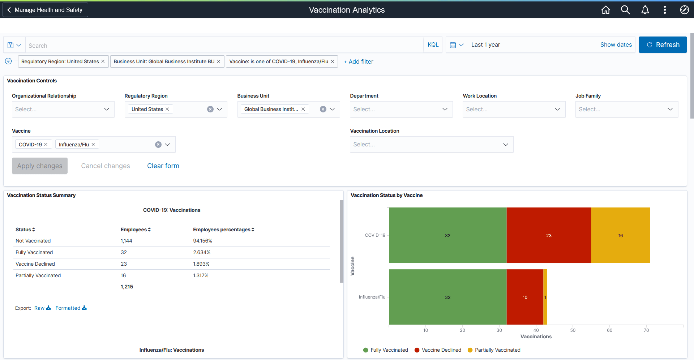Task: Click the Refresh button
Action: click(x=663, y=45)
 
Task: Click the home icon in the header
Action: click(x=606, y=10)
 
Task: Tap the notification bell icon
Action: click(x=645, y=10)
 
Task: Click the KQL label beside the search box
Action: click(x=433, y=45)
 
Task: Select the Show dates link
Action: click(x=616, y=45)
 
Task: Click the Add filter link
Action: click(x=359, y=62)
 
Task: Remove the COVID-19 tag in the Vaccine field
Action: click(x=46, y=145)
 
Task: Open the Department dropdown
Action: click(x=401, y=110)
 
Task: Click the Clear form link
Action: click(x=163, y=166)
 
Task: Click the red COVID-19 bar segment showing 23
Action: click(x=549, y=235)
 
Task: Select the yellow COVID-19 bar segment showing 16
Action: click(x=620, y=235)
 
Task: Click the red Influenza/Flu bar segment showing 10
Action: click(x=525, y=297)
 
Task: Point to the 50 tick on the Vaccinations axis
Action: click(x=573, y=330)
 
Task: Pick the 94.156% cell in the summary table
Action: click(x=202, y=241)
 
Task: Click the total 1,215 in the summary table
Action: click(x=127, y=287)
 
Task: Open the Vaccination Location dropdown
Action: click(x=432, y=145)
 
